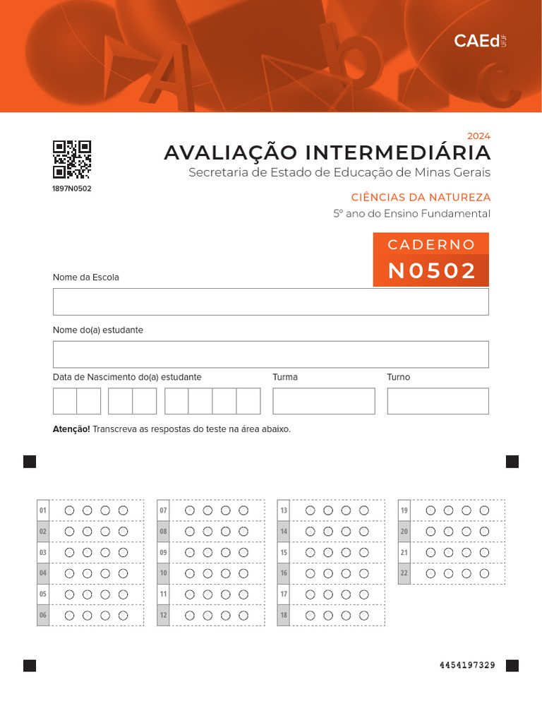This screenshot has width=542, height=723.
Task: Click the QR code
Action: click(72, 159)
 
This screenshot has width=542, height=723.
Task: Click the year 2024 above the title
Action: click(478, 136)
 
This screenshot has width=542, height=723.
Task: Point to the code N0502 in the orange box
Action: click(432, 270)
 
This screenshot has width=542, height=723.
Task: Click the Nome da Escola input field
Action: click(270, 301)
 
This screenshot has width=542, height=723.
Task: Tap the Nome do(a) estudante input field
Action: click(270, 354)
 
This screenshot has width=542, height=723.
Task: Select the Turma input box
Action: click(323, 401)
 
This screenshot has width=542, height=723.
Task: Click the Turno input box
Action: click(438, 401)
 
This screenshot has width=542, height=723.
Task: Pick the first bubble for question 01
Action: click(69, 510)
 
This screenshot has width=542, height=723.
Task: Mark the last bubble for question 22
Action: click(484, 573)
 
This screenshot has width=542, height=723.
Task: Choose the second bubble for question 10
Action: click(207, 573)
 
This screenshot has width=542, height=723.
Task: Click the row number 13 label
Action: click(284, 510)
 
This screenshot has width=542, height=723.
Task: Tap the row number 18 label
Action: click(284, 616)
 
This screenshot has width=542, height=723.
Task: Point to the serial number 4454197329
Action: click(467, 665)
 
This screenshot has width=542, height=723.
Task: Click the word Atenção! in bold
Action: click(71, 429)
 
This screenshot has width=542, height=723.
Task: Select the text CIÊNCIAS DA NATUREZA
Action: click(421, 198)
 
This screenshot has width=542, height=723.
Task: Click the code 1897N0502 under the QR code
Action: click(72, 189)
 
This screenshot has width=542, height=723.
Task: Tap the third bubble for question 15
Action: click(346, 552)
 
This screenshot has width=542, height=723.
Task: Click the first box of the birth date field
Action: click(65, 401)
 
